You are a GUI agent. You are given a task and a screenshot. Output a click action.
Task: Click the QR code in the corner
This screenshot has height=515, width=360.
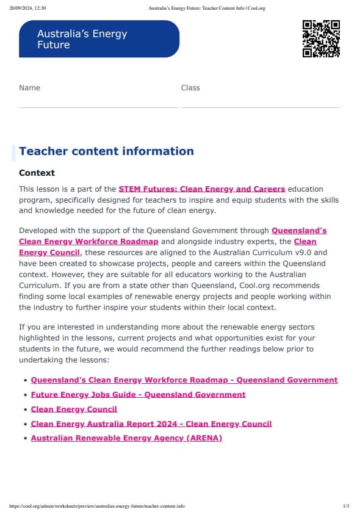click(x=321, y=38)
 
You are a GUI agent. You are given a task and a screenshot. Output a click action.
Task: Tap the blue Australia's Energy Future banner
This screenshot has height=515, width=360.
click(x=99, y=39)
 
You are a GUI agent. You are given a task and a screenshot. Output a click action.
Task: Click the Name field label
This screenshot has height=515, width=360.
click(x=29, y=88)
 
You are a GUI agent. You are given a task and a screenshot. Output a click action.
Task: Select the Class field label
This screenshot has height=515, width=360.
click(x=190, y=88)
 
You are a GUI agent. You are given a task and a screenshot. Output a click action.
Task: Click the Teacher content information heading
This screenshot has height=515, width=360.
click(x=106, y=151)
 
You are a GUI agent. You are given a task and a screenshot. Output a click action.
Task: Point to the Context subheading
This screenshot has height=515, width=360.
click(x=37, y=173)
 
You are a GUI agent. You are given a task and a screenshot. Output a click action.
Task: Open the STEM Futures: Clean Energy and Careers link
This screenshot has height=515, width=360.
click(x=202, y=189)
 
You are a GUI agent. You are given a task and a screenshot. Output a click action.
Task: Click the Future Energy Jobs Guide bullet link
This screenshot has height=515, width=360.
click(x=138, y=394)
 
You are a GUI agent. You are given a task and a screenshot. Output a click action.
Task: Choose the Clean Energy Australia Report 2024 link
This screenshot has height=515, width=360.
click(x=151, y=423)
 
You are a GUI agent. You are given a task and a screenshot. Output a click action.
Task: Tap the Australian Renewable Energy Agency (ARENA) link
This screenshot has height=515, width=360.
click(x=126, y=438)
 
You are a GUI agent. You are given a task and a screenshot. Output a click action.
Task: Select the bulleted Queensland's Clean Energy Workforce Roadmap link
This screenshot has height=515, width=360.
click(x=184, y=380)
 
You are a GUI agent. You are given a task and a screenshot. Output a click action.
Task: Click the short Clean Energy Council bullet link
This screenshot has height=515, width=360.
click(x=74, y=409)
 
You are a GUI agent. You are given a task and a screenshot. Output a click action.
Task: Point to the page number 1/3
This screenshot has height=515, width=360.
click(x=346, y=506)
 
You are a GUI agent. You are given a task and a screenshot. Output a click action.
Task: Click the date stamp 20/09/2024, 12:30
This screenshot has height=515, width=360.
click(x=28, y=8)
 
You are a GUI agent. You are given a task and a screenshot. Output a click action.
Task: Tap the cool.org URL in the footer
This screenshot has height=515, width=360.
click(x=97, y=506)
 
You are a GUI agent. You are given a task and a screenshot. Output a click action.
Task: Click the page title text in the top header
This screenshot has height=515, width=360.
click(x=206, y=8)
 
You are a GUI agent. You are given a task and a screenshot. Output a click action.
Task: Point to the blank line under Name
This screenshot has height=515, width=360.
click(x=98, y=107)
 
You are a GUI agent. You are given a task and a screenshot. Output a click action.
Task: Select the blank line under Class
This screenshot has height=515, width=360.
click(x=260, y=107)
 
